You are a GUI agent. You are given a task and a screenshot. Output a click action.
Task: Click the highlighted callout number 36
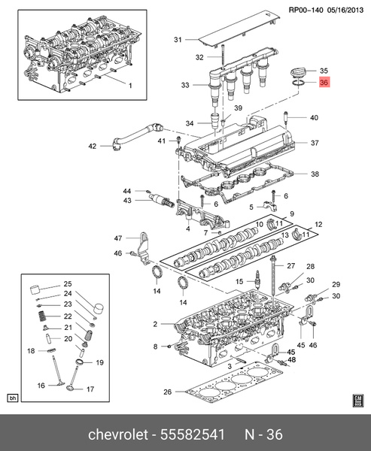[x=324, y=83]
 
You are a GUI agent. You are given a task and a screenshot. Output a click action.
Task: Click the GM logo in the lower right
[x=358, y=398]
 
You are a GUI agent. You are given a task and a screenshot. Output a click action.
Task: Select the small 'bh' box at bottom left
[x=11, y=398]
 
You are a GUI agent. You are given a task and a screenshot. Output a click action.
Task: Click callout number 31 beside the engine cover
[x=178, y=40]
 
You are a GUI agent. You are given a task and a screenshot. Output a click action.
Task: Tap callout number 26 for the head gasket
[x=168, y=391]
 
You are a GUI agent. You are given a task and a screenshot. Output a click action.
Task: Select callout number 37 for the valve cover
[x=315, y=143]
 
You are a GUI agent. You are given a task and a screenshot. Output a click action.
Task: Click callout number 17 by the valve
[x=90, y=389]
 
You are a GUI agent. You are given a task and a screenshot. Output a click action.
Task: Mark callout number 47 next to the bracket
[x=117, y=238]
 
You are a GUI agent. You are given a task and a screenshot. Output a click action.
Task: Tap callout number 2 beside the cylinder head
[x=154, y=324]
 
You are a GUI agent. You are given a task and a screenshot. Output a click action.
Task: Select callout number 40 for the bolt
[x=314, y=117]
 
